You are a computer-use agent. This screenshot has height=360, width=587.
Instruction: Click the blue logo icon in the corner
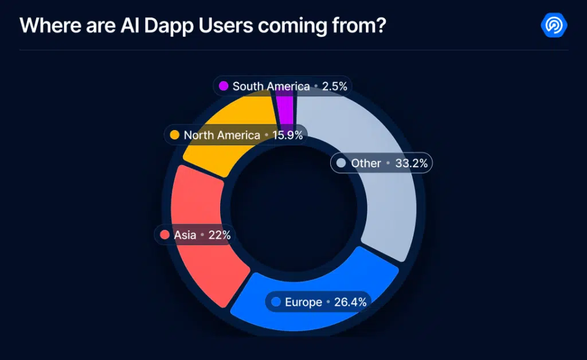click(554, 25)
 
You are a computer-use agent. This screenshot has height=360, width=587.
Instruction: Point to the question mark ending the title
click(379, 26)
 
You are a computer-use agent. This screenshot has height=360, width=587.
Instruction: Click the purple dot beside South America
click(224, 87)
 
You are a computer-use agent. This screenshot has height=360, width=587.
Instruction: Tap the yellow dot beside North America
click(175, 135)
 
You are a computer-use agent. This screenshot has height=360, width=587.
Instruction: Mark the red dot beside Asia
click(165, 235)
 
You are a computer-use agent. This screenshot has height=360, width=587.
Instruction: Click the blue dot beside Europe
click(276, 302)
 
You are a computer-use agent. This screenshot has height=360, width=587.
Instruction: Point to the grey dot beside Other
click(341, 163)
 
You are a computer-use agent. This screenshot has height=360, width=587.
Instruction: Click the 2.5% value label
click(334, 87)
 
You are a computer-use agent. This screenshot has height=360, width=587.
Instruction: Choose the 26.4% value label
click(350, 302)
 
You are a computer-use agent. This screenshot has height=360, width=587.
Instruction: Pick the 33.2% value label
click(412, 163)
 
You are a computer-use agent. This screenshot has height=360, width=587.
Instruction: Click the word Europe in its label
click(303, 302)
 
